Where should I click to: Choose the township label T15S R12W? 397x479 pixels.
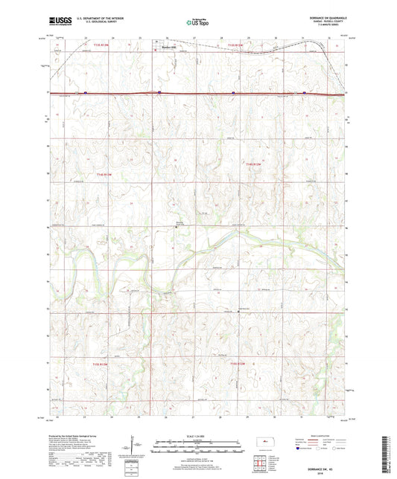click(237, 363)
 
